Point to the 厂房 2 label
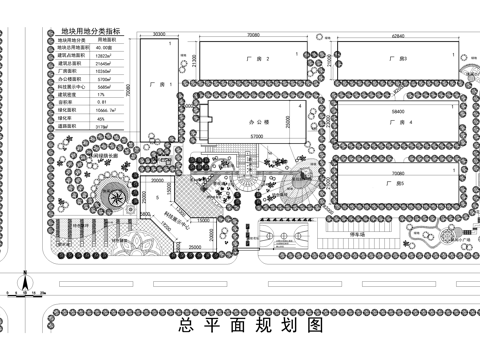click(x=257, y=60)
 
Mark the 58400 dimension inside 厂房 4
click(x=398, y=110)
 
